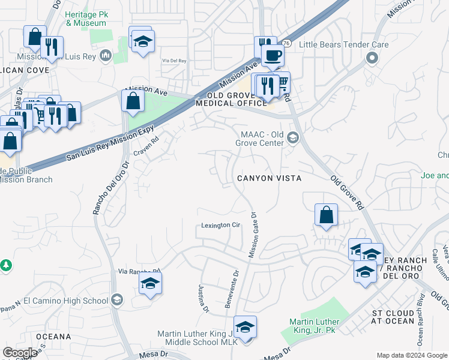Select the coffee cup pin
[273, 56]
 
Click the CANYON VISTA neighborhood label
[268, 178]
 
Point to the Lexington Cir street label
[220, 226]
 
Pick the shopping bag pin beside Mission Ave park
[133, 100]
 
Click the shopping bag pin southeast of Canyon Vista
[326, 215]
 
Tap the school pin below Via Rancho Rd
[151, 284]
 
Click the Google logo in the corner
[20, 353]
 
